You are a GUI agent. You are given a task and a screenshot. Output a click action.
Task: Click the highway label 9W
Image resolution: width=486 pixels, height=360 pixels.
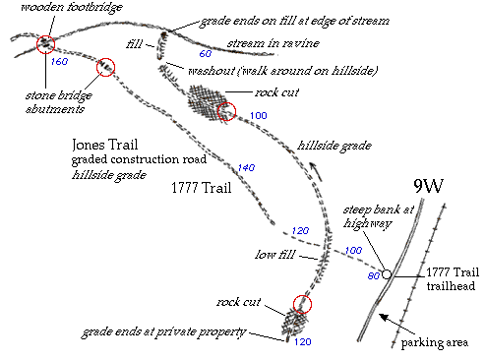[428, 186]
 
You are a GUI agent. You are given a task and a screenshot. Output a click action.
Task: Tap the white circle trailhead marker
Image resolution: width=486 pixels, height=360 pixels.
[387, 274]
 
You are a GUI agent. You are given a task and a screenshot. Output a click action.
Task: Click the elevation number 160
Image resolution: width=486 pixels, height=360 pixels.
[59, 61]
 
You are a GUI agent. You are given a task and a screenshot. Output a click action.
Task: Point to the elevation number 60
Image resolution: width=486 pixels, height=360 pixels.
[206, 53]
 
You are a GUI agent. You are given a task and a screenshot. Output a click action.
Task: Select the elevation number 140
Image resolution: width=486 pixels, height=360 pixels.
[246, 168]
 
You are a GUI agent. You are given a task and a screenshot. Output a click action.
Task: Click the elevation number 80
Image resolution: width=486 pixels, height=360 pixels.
[374, 276]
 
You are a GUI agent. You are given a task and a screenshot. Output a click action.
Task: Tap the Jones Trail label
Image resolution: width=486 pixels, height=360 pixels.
[104, 145]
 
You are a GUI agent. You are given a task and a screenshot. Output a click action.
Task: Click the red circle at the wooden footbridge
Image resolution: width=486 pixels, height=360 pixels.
[45, 44]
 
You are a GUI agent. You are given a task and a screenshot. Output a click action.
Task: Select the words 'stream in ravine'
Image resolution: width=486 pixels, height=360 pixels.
[273, 43]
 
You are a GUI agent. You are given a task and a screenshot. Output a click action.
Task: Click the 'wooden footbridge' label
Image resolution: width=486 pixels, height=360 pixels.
[72, 7]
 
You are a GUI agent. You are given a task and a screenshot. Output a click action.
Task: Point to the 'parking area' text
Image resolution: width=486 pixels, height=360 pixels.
[435, 343]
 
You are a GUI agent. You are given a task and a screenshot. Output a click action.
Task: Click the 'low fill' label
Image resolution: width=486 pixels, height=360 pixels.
[275, 255]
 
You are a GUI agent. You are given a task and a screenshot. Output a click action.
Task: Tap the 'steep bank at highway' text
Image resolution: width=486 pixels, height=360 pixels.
[379, 216]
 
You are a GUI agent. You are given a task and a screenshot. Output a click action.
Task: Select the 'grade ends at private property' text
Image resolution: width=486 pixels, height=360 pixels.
[163, 332]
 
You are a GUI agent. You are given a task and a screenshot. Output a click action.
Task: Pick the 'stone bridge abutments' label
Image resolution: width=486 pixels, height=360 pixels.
[59, 102]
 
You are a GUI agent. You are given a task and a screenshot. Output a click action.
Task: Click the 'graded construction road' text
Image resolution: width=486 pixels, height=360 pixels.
[139, 159]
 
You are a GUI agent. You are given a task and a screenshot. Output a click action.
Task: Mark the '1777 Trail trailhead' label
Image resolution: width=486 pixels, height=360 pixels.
[453, 279]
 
